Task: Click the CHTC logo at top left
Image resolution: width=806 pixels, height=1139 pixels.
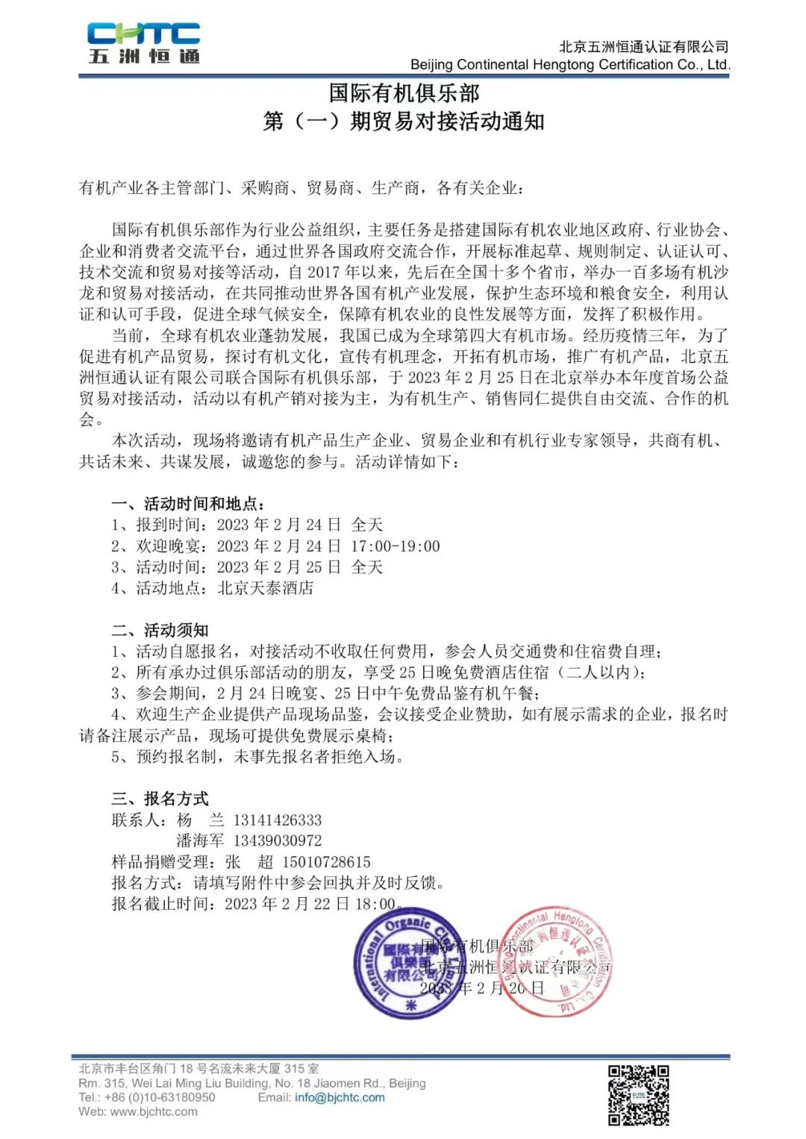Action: (x=143, y=43)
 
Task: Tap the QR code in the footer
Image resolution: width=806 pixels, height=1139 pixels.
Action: (x=638, y=1094)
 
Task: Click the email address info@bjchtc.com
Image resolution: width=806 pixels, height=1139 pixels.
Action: (x=340, y=1097)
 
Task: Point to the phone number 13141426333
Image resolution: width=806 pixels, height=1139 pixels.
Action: (x=278, y=820)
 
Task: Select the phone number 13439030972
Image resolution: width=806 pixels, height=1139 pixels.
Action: (x=278, y=840)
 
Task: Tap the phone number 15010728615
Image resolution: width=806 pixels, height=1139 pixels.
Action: (x=326, y=861)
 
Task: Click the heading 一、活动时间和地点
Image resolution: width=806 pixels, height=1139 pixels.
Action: (x=188, y=504)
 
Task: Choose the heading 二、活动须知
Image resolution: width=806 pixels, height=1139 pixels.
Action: (x=160, y=630)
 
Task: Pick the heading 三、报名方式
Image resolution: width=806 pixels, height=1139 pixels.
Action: (x=160, y=799)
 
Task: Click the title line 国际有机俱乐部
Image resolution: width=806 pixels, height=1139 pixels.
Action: (x=404, y=93)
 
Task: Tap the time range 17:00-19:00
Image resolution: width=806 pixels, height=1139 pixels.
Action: (x=396, y=546)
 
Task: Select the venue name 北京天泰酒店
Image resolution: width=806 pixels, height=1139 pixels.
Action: (x=265, y=588)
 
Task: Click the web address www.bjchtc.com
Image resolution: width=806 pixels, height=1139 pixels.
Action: (x=154, y=1111)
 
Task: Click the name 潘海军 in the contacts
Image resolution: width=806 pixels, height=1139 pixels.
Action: (x=200, y=840)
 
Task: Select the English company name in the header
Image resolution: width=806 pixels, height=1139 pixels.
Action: (x=569, y=64)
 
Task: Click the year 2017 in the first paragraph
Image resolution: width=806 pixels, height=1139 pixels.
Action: (x=323, y=272)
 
